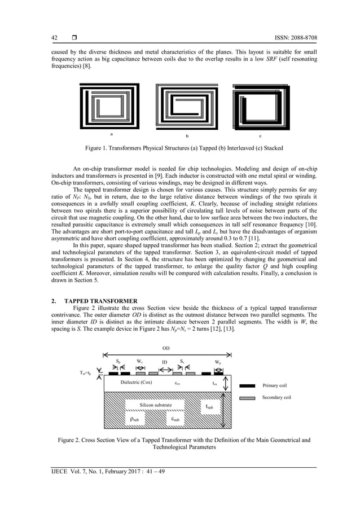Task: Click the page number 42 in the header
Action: (x=54, y=37)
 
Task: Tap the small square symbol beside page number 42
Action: (x=74, y=37)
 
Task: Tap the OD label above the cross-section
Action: (x=166, y=348)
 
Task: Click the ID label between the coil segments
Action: (x=165, y=362)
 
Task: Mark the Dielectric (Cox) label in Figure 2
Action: (x=136, y=382)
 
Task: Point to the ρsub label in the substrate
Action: (x=137, y=419)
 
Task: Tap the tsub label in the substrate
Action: (x=209, y=406)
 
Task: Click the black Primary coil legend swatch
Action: (x=248, y=386)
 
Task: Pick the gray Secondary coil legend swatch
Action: (x=248, y=398)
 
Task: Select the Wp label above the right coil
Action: (x=217, y=362)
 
